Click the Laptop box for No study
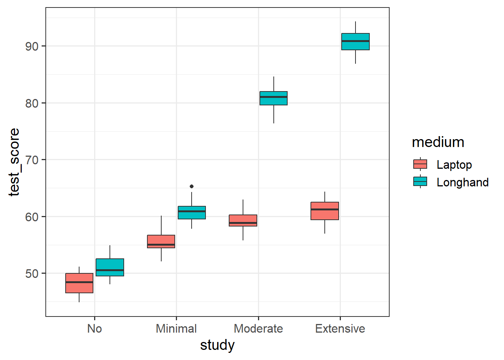(x=79, y=283)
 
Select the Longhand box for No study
(x=110, y=267)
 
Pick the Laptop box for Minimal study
(x=161, y=241)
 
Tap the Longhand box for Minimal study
(x=192, y=213)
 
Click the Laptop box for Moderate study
(x=243, y=220)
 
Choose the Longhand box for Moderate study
(x=274, y=98)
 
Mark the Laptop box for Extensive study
(x=325, y=211)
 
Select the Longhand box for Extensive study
(x=355, y=42)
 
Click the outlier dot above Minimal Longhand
(x=192, y=186)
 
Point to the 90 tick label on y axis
(x=32, y=46)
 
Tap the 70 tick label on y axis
(x=32, y=160)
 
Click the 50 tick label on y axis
(x=32, y=274)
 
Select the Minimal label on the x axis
(x=176, y=328)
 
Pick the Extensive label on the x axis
(x=340, y=328)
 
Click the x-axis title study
(x=217, y=345)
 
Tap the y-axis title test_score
(x=14, y=162)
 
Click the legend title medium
(x=438, y=142)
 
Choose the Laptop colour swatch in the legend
(x=420, y=164)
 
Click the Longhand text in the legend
(x=462, y=182)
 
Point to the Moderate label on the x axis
(x=258, y=328)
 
